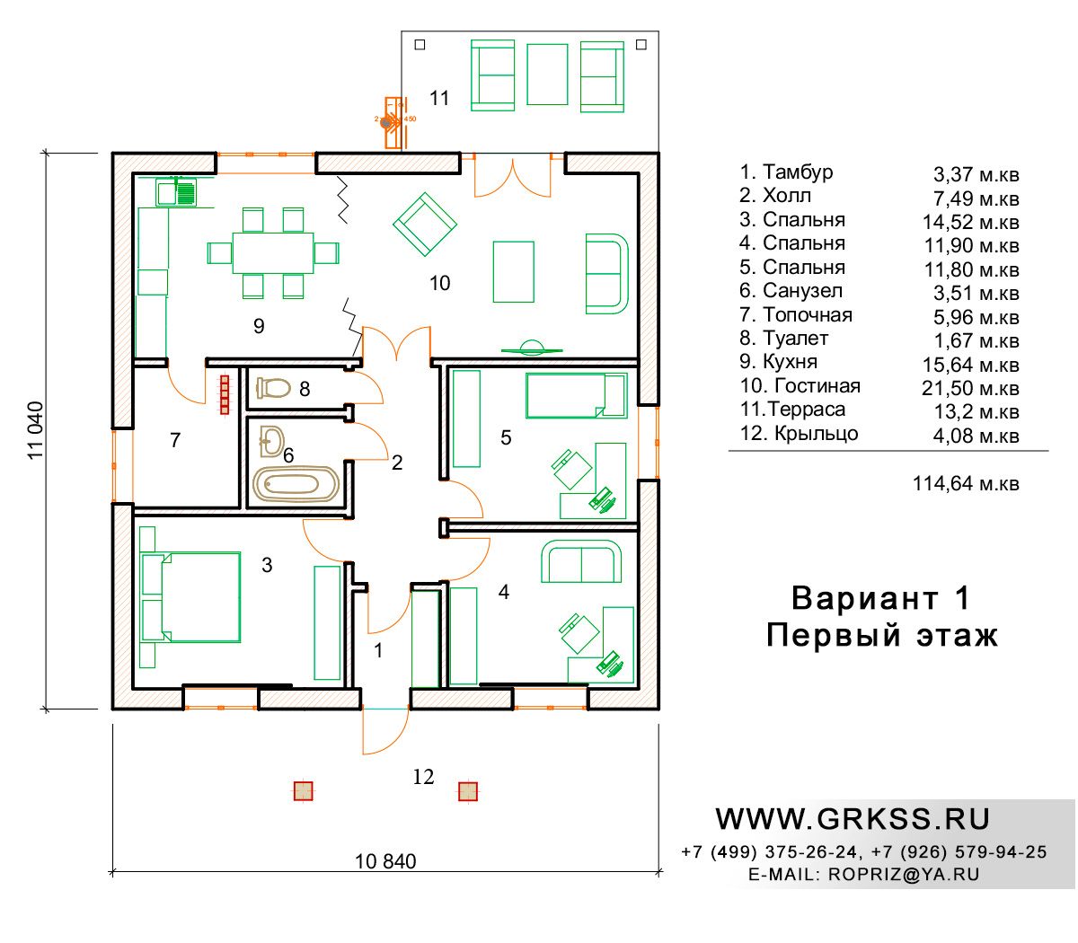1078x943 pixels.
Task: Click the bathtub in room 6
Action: point(296,483)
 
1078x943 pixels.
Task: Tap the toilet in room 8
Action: point(273,388)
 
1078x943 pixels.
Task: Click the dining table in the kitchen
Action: point(273,253)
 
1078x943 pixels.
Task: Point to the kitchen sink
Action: point(176,192)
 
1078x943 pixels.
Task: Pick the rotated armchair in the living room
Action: point(425,224)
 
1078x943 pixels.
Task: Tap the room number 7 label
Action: point(175,439)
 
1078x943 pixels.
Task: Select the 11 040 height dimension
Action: point(36,430)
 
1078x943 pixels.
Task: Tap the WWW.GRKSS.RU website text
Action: point(852,819)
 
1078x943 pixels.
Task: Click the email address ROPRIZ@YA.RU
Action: point(904,874)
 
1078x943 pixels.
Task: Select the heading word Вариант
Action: point(864,598)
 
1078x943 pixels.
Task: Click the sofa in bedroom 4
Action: point(581,560)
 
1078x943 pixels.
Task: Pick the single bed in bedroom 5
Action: point(577,395)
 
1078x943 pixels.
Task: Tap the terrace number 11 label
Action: point(439,98)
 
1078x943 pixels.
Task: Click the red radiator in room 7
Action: point(225,394)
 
